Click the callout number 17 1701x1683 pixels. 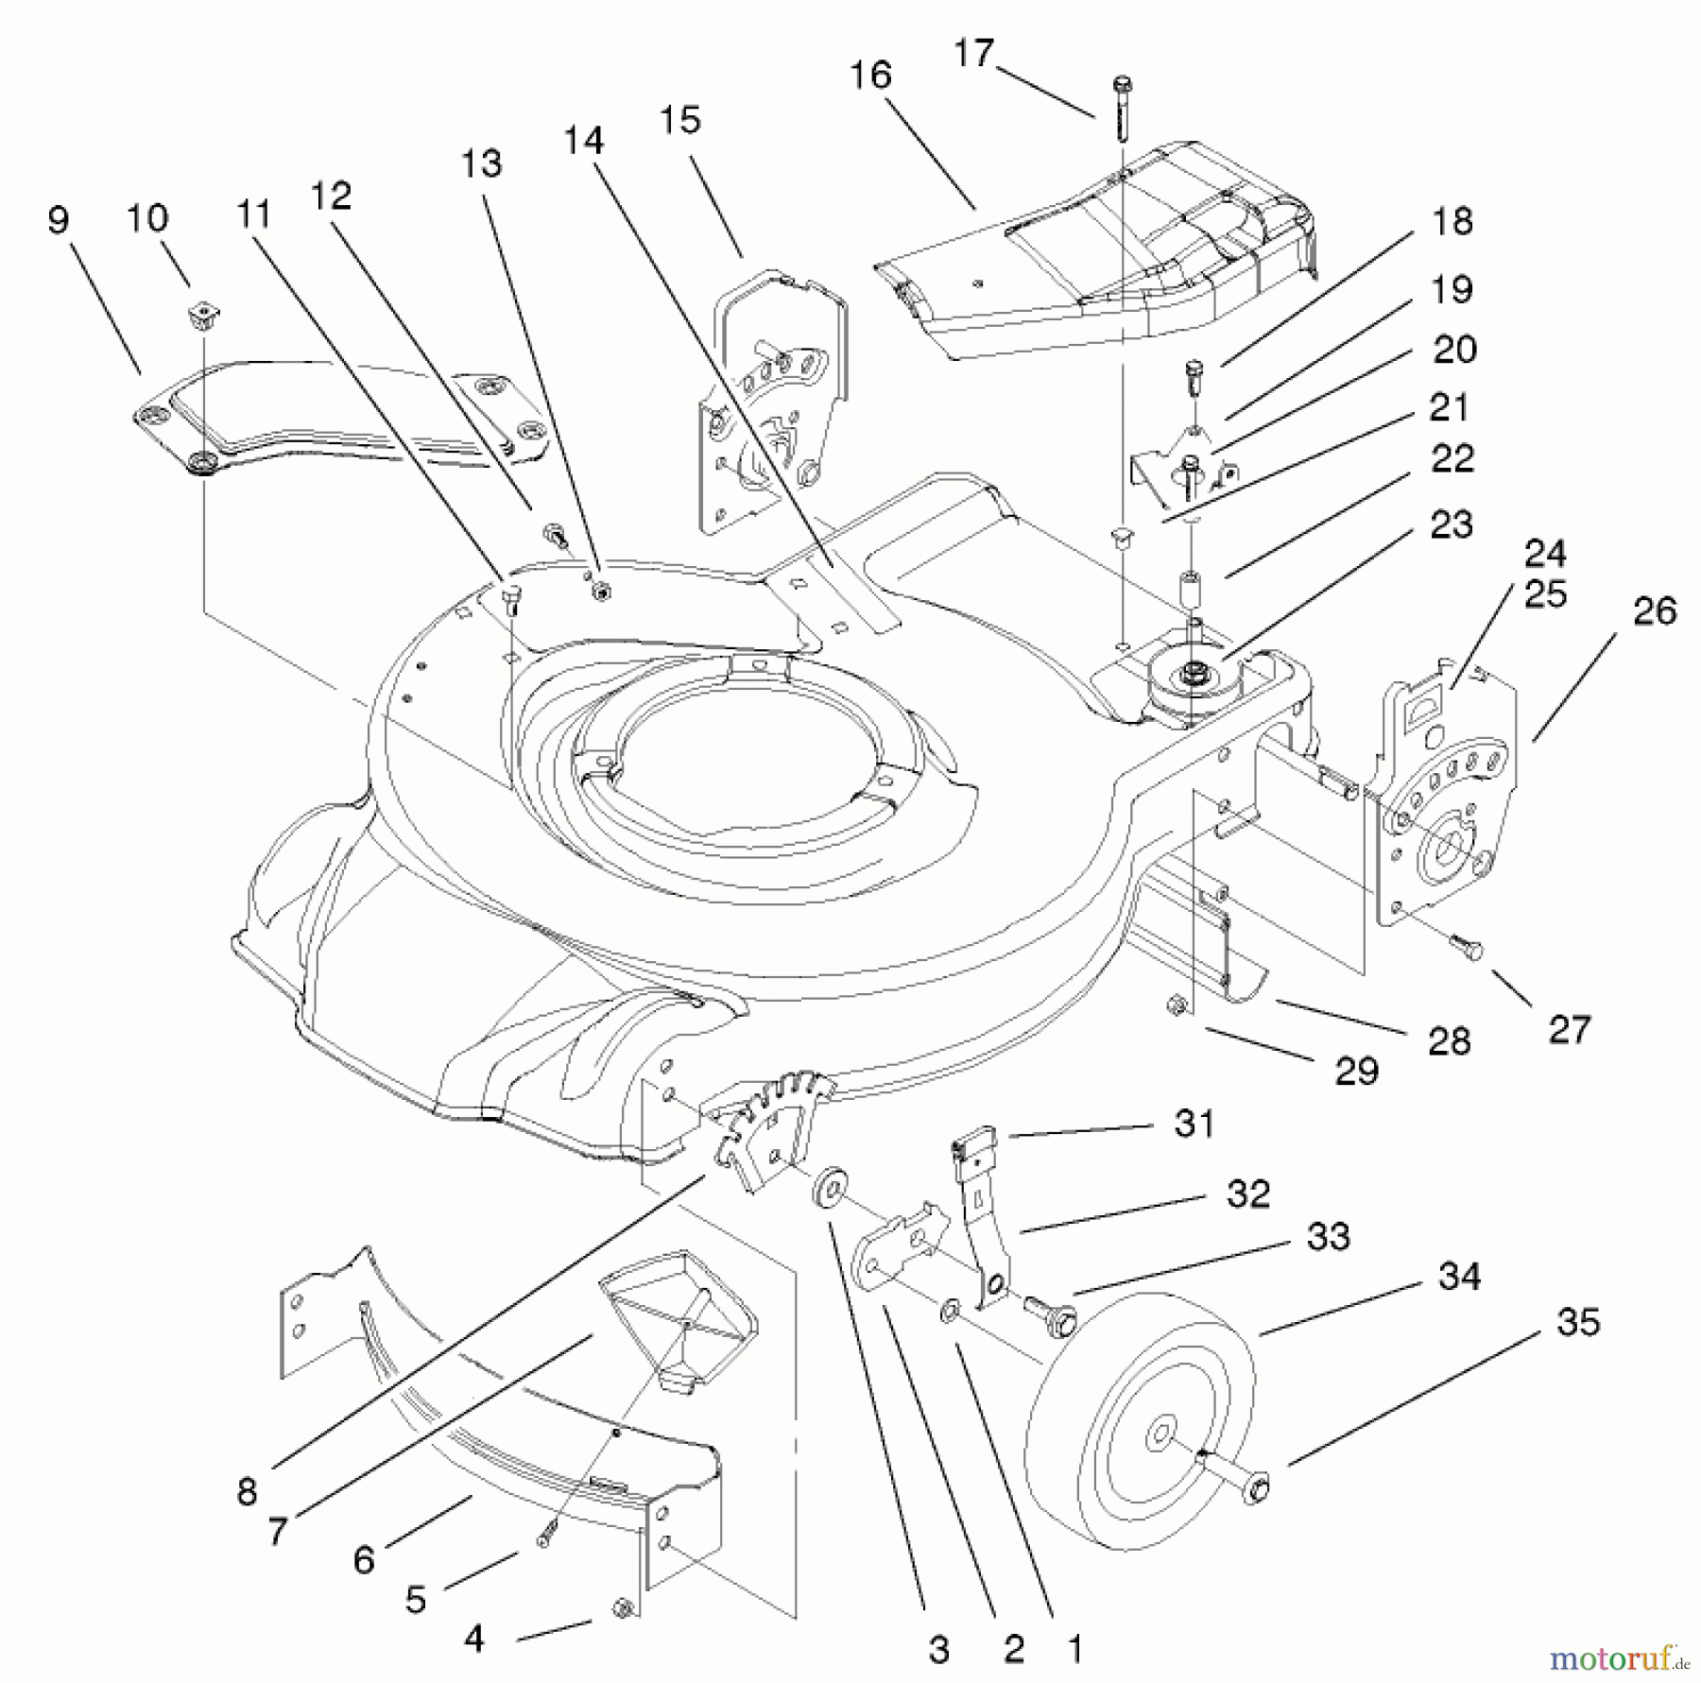(x=972, y=54)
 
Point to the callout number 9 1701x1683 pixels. (x=58, y=220)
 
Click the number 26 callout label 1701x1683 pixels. (x=1655, y=611)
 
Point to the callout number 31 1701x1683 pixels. (x=1194, y=1124)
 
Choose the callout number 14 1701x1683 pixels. (x=582, y=141)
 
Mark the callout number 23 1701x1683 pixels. (x=1452, y=524)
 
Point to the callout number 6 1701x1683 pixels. (x=364, y=1559)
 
